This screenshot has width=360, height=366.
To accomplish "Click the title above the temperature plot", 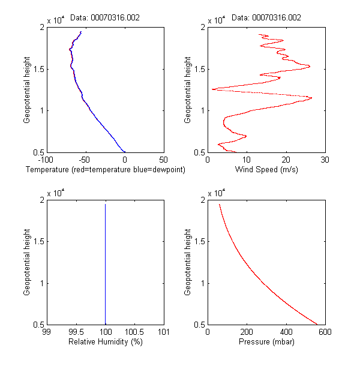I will coord(105,18).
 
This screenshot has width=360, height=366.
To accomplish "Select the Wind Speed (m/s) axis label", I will coord(266,170).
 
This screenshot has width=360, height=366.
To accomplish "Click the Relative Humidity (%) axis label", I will coord(105,342).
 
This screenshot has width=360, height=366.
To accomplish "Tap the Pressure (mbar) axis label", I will coord(266,342).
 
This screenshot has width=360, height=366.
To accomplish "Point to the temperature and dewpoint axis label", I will coord(105,170).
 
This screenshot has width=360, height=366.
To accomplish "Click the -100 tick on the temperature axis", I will coord(45,160).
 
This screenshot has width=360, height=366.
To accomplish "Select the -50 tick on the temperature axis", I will coord(85,160).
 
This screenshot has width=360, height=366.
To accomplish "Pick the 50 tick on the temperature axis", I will coord(163,160).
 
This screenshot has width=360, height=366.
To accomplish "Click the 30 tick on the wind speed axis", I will coord(325,160).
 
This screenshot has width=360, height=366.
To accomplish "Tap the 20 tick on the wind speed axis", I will coord(286,160).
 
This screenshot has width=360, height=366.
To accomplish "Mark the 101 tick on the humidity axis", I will coord(163,332).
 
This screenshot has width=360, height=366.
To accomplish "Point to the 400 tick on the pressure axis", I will coord(286,332).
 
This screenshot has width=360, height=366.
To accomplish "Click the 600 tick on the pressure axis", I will coord(325,332).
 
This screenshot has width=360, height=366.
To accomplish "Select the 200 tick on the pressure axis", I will coord(247,332).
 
